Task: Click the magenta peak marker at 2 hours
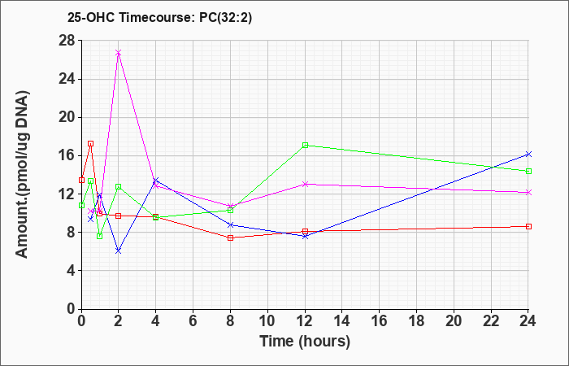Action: coord(119,53)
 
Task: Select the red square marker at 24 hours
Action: coord(528,227)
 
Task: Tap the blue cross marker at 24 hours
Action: coord(528,155)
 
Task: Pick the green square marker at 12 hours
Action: coord(305,146)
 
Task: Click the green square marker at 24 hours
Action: coord(528,171)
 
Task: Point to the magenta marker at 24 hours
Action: coord(528,193)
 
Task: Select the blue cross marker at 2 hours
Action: coord(119,251)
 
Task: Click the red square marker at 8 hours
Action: coord(230,237)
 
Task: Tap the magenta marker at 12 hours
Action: coord(305,184)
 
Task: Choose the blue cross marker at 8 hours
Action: coord(230,224)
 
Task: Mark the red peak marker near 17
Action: coord(91,143)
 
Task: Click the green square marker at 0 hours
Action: coord(81,205)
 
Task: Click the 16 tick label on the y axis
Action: coord(67,156)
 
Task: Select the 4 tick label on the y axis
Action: coord(72,271)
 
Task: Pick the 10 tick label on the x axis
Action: coord(267,321)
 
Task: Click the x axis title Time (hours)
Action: coord(305,342)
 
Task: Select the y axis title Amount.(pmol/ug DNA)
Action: coord(22,174)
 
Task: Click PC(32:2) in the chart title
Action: coord(226,18)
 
